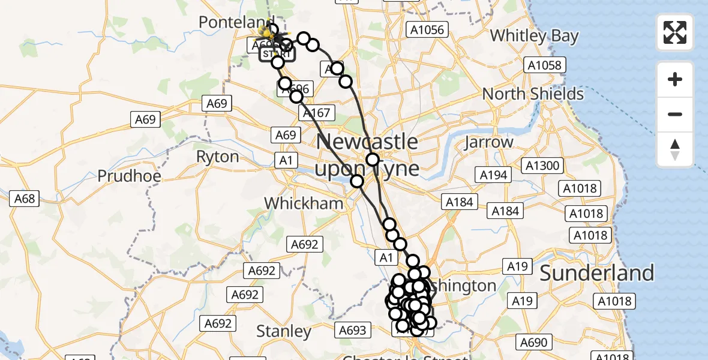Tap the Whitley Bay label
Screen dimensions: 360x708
tap(534, 36)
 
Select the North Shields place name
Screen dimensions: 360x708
tap(533, 94)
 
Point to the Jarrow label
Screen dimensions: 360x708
tap(489, 142)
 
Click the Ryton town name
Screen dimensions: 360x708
tap(217, 157)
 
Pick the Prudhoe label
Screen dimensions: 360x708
tap(129, 176)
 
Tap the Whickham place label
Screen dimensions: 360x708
tap(304, 203)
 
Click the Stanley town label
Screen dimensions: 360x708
tap(284, 331)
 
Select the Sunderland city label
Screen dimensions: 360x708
tap(596, 273)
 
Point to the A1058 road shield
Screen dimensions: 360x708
tap(544, 65)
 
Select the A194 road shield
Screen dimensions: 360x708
tap(494, 175)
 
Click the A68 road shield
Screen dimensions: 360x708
tap(25, 199)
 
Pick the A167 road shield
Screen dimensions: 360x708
tap(316, 113)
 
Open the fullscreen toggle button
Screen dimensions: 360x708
tap(675, 32)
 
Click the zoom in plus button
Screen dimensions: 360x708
tap(675, 79)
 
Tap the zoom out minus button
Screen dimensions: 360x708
tap(675, 114)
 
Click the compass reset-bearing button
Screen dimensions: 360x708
tap(675, 149)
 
